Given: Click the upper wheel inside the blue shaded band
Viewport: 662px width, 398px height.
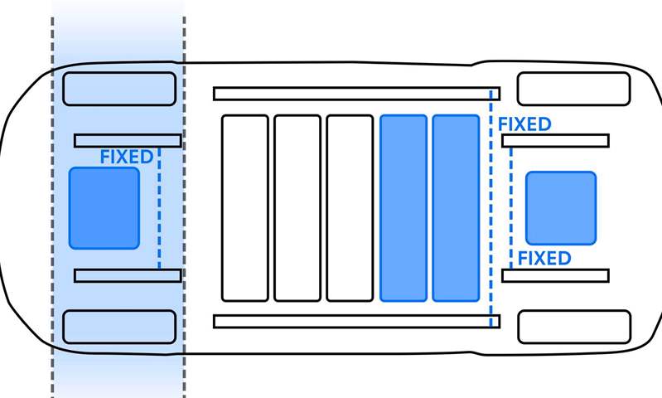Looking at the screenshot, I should pos(119,88).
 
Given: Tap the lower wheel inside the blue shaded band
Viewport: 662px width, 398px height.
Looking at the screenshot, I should pos(119,327).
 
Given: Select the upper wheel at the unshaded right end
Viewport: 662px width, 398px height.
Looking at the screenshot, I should pos(573,89).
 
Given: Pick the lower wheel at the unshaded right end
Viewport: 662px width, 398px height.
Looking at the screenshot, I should pos(573,327).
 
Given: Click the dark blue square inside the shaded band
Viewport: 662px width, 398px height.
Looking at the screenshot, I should pos(104,208).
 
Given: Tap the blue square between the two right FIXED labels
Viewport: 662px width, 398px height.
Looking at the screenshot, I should pos(561,208).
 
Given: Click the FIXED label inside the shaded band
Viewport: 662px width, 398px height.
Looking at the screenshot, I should pos(126,157).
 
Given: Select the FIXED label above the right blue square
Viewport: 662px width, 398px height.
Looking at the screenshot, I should pos(524,124).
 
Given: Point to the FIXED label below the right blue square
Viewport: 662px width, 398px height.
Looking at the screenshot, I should pos(544,258).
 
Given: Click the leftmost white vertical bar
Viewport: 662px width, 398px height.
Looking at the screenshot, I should pos(244,208).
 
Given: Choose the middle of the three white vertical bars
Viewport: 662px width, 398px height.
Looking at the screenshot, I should pos(297,208).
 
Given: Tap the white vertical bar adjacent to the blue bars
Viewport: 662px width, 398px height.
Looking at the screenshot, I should pos(350,208).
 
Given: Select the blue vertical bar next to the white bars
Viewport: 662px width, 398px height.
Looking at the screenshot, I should pos(403,208).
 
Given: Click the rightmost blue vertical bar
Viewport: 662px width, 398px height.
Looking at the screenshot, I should pos(456,208).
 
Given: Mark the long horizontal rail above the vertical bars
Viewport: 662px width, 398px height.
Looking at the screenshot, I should pos(356,94).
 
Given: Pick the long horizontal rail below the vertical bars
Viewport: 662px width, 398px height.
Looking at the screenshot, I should pos(356,321).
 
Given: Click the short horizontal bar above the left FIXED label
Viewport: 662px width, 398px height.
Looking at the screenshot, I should pos(128,140).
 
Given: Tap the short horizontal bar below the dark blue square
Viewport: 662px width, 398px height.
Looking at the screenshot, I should pos(128,275).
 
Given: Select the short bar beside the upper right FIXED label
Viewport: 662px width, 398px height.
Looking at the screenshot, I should pos(555,140).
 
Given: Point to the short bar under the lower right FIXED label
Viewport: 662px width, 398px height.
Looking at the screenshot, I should pos(555,275).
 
